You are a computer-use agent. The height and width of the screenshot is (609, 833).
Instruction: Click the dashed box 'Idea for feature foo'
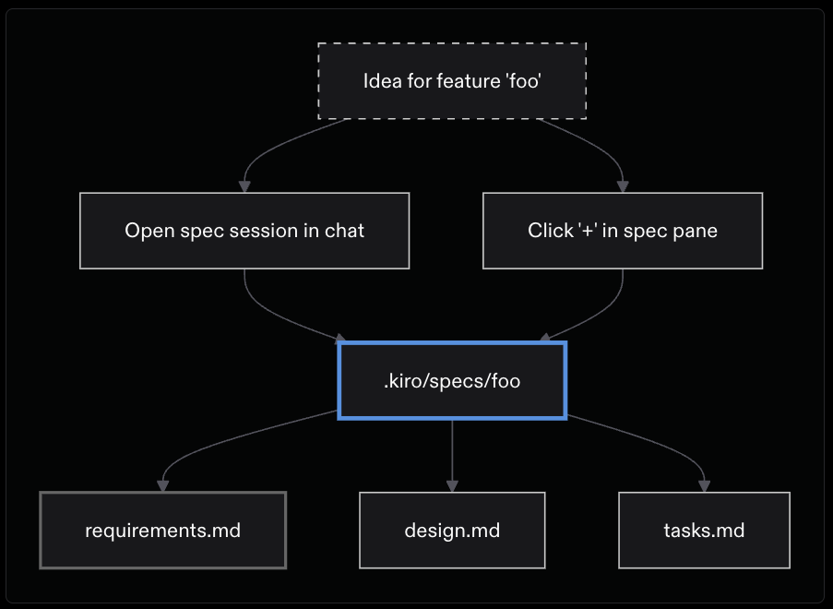pos(452,81)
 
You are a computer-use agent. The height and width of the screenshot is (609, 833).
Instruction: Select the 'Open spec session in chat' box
pos(244,231)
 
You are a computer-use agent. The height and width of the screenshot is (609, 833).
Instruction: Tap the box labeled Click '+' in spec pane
pos(623,231)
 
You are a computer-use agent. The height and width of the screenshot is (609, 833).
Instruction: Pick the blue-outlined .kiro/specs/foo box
pos(452,380)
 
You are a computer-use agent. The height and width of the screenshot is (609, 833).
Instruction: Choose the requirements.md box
pos(163,531)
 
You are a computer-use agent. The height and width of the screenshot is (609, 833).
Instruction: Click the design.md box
pos(452,531)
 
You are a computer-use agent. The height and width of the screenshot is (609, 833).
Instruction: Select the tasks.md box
pos(704,531)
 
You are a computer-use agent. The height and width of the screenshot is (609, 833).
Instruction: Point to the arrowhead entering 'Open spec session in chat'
pos(244,186)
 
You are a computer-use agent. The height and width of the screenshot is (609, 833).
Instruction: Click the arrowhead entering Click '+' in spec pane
pos(623,186)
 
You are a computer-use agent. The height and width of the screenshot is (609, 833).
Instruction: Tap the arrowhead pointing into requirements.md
pos(163,485)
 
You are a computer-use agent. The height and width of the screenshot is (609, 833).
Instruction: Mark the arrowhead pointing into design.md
pos(452,485)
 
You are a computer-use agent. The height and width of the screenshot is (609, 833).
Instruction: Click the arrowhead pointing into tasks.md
pos(704,485)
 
